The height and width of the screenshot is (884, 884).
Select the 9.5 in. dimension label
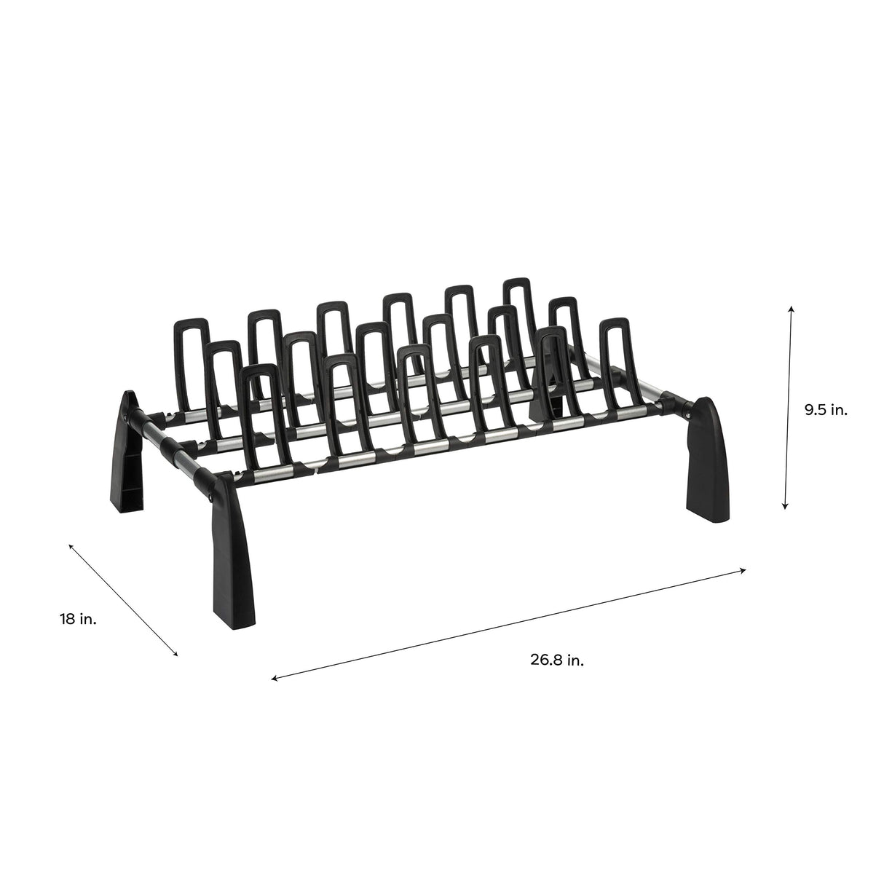826,410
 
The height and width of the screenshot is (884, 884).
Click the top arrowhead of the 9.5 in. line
791,309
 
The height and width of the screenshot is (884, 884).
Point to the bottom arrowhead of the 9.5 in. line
785,508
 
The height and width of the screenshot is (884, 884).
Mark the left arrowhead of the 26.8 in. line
274,679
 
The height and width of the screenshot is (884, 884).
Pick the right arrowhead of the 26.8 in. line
744,570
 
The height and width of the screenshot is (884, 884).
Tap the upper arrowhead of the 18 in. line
71,545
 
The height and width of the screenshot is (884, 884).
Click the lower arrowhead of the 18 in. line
175,655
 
